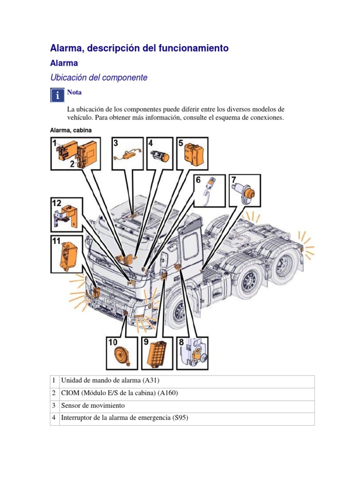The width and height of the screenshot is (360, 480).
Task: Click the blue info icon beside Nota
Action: [x=57, y=95]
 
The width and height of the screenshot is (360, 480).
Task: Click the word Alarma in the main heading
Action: [x=65, y=48]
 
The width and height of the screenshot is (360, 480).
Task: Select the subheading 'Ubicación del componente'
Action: [x=98, y=78]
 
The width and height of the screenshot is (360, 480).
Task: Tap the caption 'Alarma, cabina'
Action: [x=71, y=130]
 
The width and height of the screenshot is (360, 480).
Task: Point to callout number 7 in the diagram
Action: [x=233, y=180]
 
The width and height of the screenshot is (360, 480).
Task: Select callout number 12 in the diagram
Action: [x=57, y=203]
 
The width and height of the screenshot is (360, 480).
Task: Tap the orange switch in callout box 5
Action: [x=193, y=153]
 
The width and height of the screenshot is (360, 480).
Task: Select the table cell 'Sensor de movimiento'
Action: [x=93, y=406]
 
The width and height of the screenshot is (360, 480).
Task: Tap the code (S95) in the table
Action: [x=179, y=418]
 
